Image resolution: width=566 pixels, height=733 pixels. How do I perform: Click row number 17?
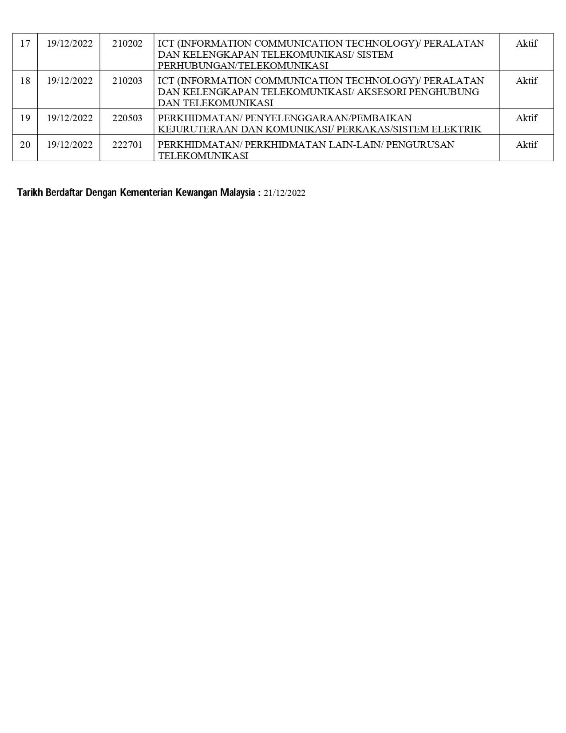[x=25, y=44]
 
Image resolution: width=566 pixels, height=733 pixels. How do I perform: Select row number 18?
[x=25, y=81]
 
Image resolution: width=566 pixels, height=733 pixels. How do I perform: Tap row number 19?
[x=25, y=118]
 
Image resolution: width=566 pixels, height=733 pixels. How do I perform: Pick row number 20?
[x=25, y=145]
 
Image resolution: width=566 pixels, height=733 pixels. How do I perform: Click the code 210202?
[x=127, y=44]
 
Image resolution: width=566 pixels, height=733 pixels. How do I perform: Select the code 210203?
[x=127, y=81]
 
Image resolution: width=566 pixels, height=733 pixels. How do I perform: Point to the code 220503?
[x=127, y=118]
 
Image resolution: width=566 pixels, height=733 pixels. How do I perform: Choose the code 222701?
[x=127, y=145]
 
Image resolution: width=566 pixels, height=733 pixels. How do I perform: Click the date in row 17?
[x=70, y=44]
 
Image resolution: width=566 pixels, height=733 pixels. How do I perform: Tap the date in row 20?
[x=70, y=145]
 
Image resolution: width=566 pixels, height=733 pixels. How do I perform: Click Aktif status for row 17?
[x=526, y=44]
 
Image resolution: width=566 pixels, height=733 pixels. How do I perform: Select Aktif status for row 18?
[x=526, y=81]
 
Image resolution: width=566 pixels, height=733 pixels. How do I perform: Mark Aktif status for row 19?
[x=526, y=118]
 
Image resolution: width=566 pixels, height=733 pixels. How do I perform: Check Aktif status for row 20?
[x=526, y=145]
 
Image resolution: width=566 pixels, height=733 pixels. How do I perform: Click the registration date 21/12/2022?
[x=284, y=193]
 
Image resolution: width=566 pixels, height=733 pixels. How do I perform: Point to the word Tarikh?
[x=30, y=193]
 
